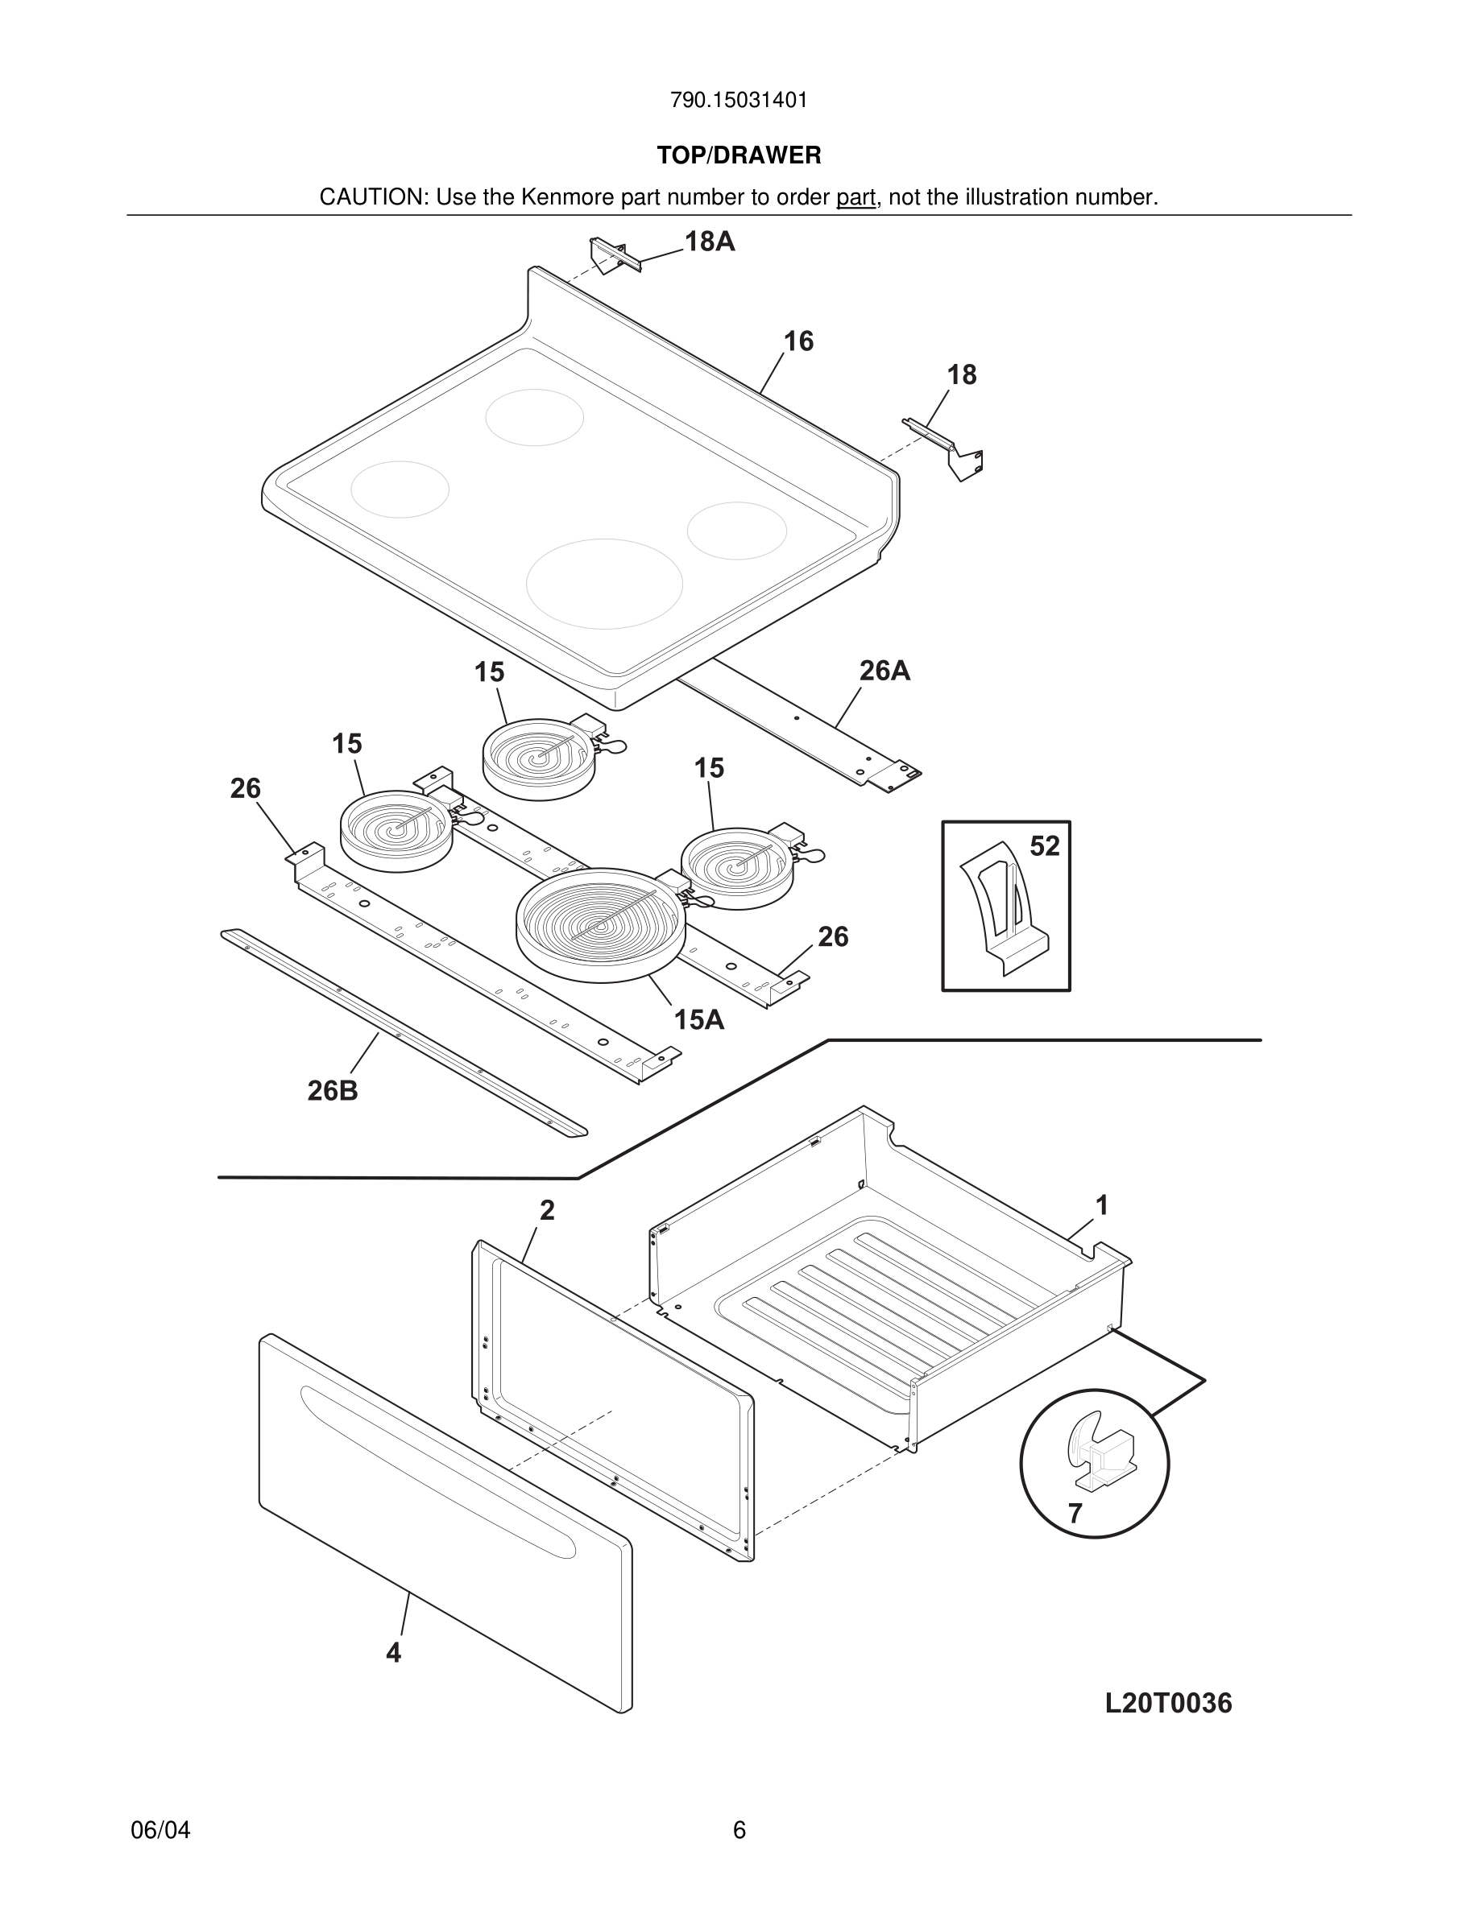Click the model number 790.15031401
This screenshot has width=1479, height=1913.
click(x=739, y=101)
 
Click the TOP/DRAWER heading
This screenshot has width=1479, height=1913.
click(x=739, y=156)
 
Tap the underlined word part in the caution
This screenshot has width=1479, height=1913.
click(x=855, y=198)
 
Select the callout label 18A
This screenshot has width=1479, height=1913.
click(x=709, y=242)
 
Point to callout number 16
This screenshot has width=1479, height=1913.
click(x=798, y=341)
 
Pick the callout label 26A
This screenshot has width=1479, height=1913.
click(x=884, y=671)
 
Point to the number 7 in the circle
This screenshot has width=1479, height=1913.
click(x=1075, y=1514)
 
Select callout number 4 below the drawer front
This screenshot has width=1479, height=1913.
click(x=393, y=1653)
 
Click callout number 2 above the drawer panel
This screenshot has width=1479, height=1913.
click(x=547, y=1210)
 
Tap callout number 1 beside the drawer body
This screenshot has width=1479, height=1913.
click(x=1102, y=1206)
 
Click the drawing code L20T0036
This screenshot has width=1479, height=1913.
click(x=1168, y=1704)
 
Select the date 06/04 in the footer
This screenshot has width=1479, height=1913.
click(x=160, y=1831)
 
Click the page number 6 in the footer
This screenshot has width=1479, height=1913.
click(x=739, y=1831)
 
